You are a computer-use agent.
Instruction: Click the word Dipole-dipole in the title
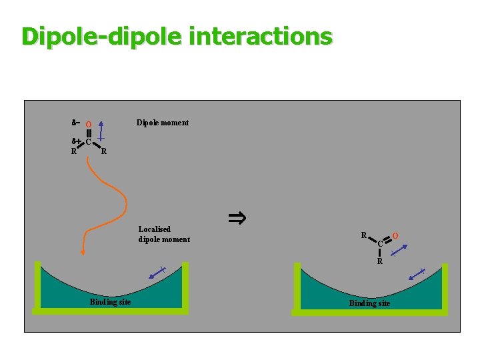pos(100,36)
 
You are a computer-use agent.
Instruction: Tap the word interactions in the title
pos(260,36)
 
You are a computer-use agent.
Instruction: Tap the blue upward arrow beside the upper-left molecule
pos(100,131)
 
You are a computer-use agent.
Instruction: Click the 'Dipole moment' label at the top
pos(162,123)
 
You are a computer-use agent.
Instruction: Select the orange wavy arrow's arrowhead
pos(83,251)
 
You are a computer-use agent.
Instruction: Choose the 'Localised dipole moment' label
pos(164,234)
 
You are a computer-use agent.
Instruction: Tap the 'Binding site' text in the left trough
pos(110,302)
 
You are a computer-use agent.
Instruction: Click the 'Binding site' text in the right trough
pos(369,303)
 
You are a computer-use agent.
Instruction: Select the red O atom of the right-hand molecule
pos(395,236)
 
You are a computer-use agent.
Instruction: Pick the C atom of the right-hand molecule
pos(380,244)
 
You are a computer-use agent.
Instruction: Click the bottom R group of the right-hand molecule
pos(379,261)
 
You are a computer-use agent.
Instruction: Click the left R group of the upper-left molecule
pos(73,151)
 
